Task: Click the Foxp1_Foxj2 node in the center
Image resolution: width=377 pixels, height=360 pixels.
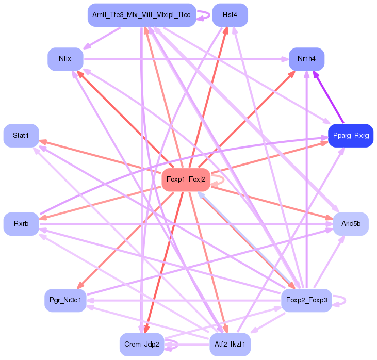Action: click(186, 179)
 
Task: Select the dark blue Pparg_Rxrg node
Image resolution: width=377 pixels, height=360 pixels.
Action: click(350, 136)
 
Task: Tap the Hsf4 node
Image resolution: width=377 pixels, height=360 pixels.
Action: click(230, 15)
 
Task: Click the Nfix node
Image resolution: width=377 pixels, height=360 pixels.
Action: click(65, 59)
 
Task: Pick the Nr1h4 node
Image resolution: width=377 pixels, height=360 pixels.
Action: click(306, 59)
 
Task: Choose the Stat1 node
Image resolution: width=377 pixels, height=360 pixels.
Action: click(21, 136)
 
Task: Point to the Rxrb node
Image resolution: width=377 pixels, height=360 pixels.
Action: click(21, 224)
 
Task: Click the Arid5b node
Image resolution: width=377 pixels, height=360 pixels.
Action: click(351, 224)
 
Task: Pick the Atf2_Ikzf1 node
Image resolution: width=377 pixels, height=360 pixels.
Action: click(230, 344)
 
